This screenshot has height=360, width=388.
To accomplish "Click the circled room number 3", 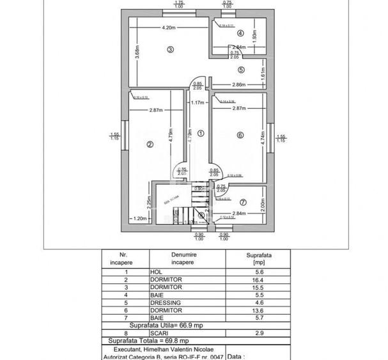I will click(170, 50).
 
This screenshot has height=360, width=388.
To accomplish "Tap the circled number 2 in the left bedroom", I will click(150, 145).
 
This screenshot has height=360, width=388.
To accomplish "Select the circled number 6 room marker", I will click(240, 135).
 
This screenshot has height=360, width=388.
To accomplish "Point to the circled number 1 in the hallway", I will click(200, 134).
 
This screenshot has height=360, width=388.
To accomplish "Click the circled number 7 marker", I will click(243, 203).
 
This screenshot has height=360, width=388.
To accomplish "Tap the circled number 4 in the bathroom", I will click(240, 33).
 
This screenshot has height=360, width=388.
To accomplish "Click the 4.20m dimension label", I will click(169, 27).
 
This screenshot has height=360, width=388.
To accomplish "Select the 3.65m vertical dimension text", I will click(137, 52).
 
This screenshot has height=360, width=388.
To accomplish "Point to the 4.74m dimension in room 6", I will click(263, 139).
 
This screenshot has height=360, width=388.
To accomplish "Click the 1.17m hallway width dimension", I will click(197, 102).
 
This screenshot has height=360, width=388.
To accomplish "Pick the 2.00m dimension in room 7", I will click(263, 204).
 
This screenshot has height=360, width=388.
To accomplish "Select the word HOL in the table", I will click(156, 271).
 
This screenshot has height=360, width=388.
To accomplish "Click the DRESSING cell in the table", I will click(166, 302).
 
